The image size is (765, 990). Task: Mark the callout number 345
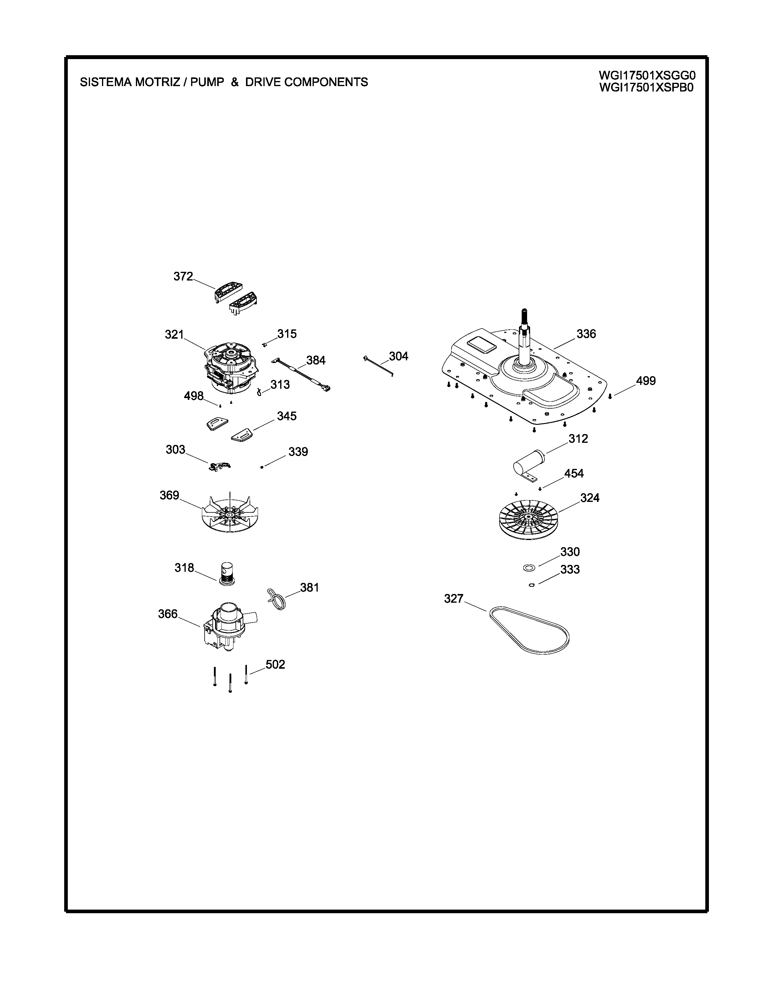(x=287, y=416)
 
